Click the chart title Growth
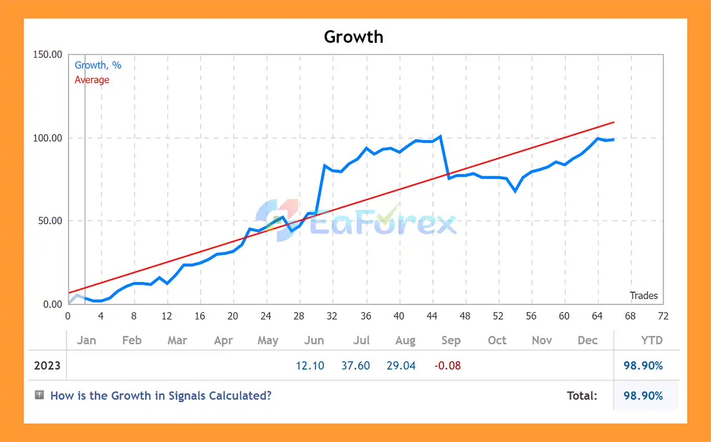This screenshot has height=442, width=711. click(353, 37)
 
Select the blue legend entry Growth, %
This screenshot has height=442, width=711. click(98, 65)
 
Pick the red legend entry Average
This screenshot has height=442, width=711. click(92, 80)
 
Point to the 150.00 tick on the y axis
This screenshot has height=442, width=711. click(48, 54)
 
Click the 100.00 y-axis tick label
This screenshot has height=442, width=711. click(48, 138)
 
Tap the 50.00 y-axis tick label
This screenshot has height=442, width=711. click(50, 221)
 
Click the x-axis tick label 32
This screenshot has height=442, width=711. click(332, 316)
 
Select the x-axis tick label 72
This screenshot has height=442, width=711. click(663, 316)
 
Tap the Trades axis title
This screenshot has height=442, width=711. click(644, 296)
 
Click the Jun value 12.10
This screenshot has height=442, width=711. click(310, 366)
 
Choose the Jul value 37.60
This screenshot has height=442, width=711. click(355, 366)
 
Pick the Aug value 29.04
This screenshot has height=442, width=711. click(401, 366)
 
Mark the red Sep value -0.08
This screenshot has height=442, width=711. click(447, 366)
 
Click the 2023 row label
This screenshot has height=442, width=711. click(47, 366)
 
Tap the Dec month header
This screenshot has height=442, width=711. click(587, 340)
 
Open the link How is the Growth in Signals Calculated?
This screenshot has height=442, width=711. click(161, 396)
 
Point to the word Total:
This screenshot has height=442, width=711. click(582, 396)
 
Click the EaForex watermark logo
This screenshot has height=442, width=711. click(355, 221)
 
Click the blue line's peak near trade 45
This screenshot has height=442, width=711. click(440, 136)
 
